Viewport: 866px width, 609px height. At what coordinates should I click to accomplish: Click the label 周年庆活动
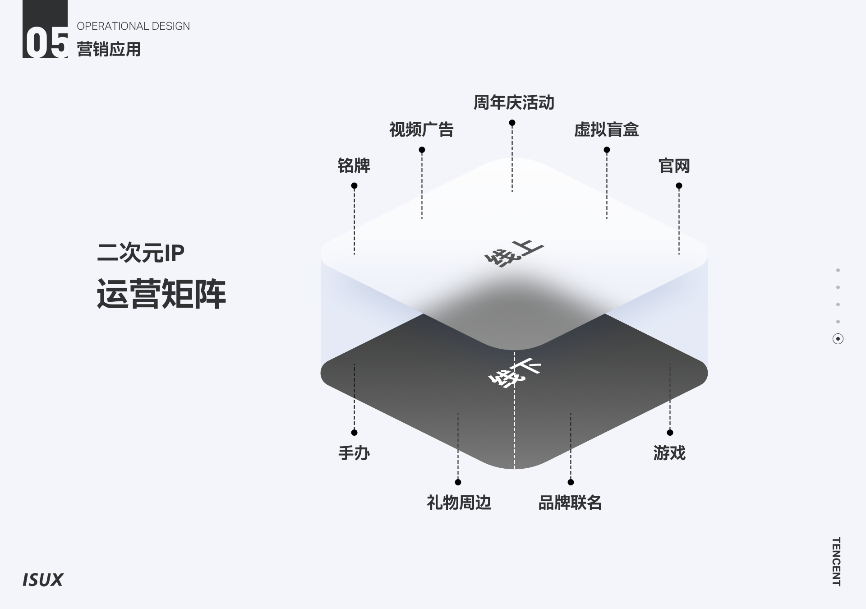tap(514, 103)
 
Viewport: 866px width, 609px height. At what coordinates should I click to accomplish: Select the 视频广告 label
tap(421, 130)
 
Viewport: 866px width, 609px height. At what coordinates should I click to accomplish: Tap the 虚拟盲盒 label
tap(606, 130)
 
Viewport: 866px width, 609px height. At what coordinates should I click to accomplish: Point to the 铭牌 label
tap(354, 166)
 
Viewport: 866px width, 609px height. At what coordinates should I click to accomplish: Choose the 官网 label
tap(674, 166)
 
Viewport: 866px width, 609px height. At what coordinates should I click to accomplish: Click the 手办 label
tap(354, 453)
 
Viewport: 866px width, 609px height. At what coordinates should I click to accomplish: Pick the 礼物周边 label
tap(459, 503)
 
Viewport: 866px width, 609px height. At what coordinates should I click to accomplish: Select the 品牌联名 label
tap(570, 503)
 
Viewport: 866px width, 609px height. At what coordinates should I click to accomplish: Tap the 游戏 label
tap(669, 453)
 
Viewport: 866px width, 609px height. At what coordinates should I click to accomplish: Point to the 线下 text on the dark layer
tap(514, 374)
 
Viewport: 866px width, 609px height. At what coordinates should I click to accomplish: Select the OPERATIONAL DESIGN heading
tap(133, 26)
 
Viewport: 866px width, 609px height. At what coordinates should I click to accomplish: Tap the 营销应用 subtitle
tap(109, 49)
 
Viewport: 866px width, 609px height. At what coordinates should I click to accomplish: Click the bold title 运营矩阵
tap(161, 294)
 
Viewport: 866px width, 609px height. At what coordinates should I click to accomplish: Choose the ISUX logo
tap(43, 580)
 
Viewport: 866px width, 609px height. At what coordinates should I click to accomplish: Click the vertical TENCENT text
tap(836, 561)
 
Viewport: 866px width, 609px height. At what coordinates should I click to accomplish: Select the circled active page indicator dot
tap(838, 339)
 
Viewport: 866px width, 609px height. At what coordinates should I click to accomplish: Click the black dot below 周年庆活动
tap(512, 123)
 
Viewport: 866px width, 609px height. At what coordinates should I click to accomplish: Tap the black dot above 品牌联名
tap(571, 482)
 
